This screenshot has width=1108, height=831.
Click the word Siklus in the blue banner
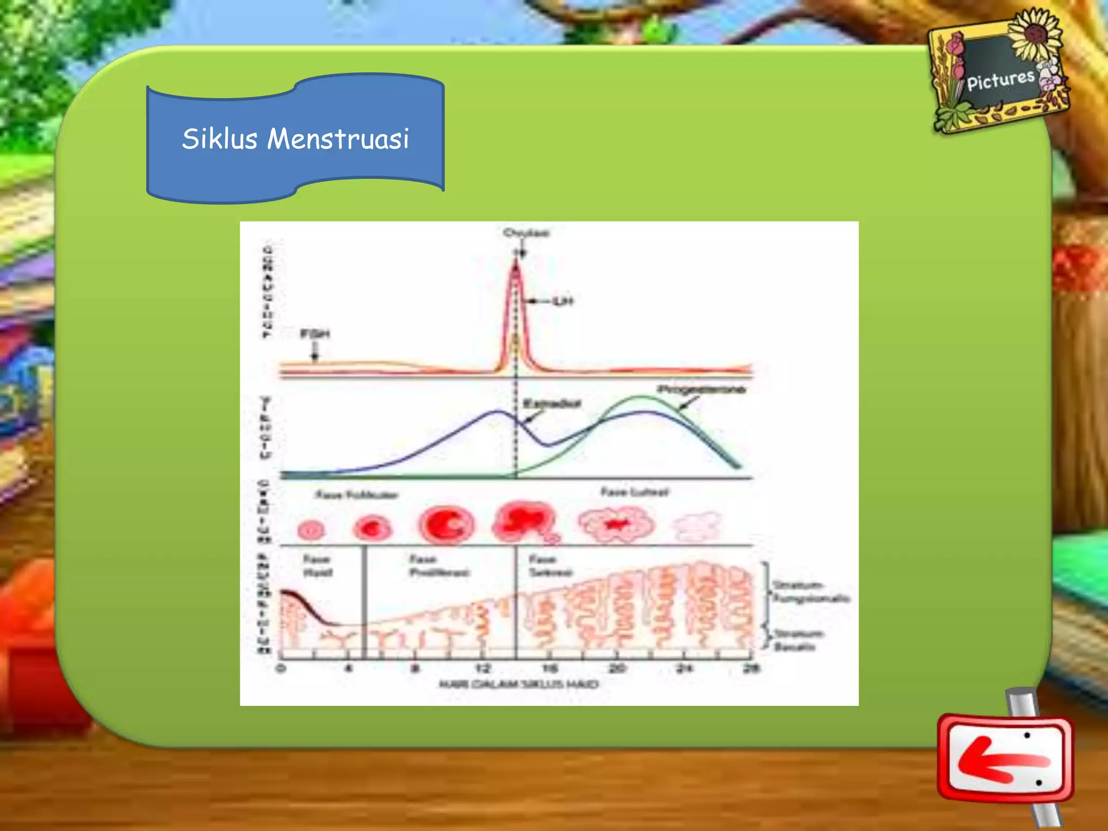[219, 138]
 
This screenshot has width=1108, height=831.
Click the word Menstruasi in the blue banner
[338, 138]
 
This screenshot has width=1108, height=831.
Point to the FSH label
[315, 334]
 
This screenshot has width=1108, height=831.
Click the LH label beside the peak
[563, 301]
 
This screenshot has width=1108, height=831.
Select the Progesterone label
[701, 390]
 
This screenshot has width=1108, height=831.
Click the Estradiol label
[552, 404]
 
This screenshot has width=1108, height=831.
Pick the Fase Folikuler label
[357, 494]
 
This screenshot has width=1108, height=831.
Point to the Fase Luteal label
[635, 492]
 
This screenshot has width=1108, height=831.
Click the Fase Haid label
[317, 565]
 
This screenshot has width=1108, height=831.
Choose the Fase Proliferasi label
[439, 565]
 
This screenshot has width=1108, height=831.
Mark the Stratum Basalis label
[797, 639]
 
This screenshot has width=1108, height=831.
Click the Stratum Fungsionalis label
[810, 591]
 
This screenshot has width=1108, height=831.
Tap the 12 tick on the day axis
[483, 668]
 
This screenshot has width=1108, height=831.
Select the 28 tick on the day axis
[751, 668]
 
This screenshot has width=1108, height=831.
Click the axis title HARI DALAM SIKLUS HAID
[518, 684]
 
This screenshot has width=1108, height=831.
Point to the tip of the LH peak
[516, 261]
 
